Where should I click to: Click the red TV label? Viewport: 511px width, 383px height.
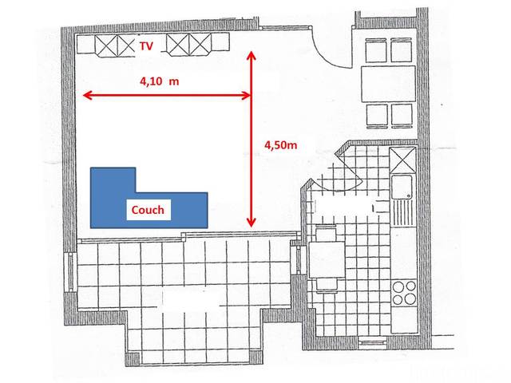tap(146, 47)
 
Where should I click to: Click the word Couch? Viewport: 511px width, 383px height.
tap(148, 211)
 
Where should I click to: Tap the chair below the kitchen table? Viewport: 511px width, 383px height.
tap(328, 283)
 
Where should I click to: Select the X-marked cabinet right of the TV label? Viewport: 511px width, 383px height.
tap(189, 45)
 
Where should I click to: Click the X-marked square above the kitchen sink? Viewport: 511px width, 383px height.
tap(403, 160)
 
